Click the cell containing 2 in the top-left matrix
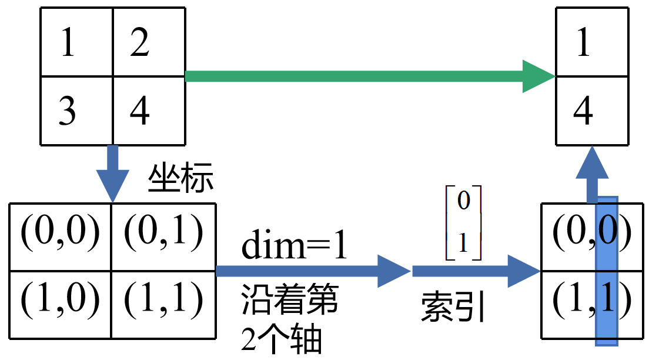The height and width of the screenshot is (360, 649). tap(148, 42)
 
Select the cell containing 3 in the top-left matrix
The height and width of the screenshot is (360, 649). tap(76, 111)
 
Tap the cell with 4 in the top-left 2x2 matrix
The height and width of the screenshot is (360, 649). tap(148, 111)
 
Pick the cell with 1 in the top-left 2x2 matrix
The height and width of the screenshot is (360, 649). tap(76, 42)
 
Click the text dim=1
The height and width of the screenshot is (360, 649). tap(294, 247)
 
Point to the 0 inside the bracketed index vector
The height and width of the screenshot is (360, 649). tap(463, 202)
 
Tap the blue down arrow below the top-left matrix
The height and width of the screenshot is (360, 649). tap(112, 174)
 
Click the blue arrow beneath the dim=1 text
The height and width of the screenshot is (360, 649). tap(312, 271)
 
